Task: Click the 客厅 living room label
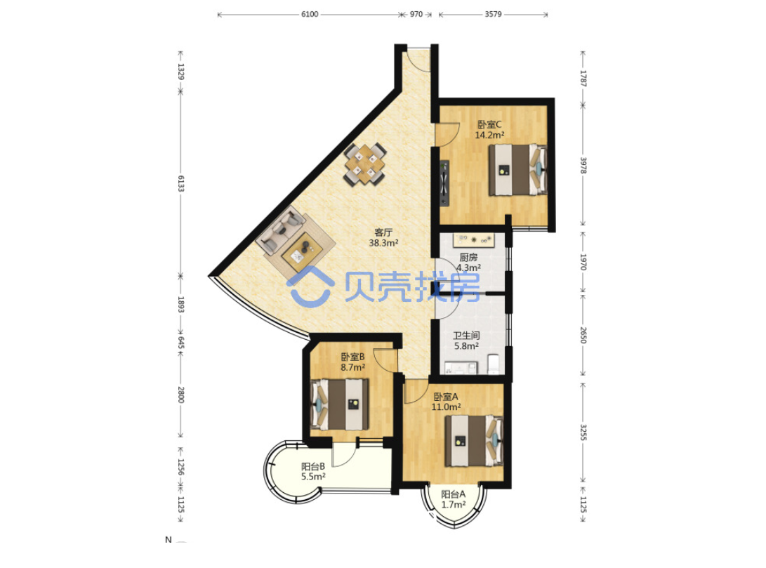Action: tap(383, 232)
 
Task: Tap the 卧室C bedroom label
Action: tap(489, 124)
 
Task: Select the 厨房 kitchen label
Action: tap(468, 258)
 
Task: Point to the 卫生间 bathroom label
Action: tap(466, 336)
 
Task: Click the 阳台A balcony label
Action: tap(454, 494)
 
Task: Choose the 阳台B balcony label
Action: tap(313, 466)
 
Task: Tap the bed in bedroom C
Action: tap(518, 169)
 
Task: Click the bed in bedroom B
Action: tap(340, 405)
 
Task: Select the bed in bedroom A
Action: tap(473, 440)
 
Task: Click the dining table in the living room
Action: tap(365, 164)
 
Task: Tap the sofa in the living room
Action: tap(280, 229)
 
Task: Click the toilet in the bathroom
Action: tap(494, 364)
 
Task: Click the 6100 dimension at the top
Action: tap(310, 14)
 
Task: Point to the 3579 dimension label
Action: tap(493, 14)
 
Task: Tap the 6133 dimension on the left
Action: tap(180, 184)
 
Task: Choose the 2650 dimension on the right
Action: tap(583, 335)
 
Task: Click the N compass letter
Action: tap(169, 540)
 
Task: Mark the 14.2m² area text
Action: tap(489, 136)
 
